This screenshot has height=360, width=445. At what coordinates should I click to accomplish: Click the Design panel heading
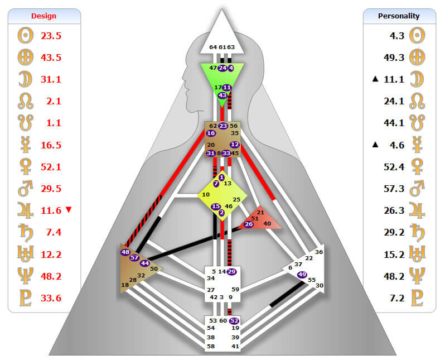44,16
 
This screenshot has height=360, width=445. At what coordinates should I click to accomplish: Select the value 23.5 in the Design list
51,35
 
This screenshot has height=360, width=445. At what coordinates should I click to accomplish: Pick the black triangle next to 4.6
376,145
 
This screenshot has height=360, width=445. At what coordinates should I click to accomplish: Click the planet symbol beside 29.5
25,189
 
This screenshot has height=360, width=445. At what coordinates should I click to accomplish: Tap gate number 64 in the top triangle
213,47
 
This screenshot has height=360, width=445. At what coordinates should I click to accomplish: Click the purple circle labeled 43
222,95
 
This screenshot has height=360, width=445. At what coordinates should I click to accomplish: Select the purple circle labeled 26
249,224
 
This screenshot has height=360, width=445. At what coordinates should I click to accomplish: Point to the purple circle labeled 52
234,321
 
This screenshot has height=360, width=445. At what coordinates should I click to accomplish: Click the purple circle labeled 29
232,272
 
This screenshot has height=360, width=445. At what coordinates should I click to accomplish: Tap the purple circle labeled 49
302,275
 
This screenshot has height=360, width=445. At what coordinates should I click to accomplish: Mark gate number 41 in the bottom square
235,347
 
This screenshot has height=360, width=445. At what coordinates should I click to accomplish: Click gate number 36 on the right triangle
319,252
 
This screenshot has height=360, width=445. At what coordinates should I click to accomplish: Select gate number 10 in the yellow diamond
206,195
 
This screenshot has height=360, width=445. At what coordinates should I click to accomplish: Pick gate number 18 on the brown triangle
125,285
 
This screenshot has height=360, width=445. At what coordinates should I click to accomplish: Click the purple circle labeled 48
125,252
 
